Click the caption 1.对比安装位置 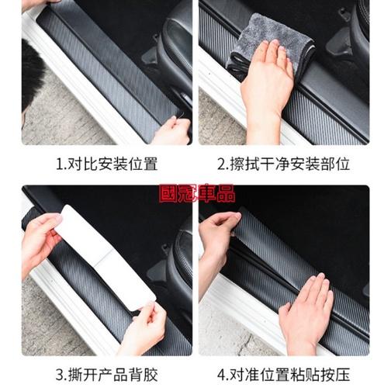(107, 164)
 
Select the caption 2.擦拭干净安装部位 (284, 164)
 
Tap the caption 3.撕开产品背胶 (107, 375)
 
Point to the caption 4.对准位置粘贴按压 (284, 375)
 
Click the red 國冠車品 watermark (197, 193)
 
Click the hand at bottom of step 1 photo (172, 130)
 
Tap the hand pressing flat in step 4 (308, 313)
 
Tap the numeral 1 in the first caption (60, 164)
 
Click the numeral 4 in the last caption (222, 375)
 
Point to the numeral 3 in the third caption (60, 375)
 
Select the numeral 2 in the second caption (222, 164)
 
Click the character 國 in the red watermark (168, 193)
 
